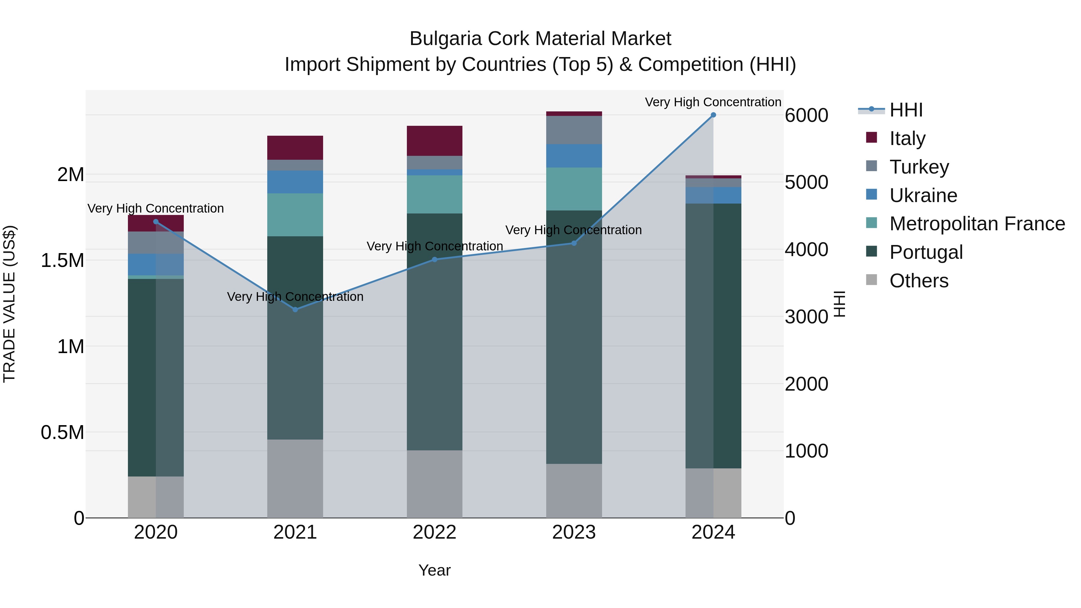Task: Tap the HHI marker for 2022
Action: click(435, 260)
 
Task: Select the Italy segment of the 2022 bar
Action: click(435, 141)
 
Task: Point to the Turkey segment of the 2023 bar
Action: click(574, 130)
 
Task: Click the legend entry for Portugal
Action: click(926, 253)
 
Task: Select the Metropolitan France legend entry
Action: click(977, 224)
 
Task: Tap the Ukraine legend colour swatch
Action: click(872, 195)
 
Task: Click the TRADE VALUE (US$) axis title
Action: click(9, 304)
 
